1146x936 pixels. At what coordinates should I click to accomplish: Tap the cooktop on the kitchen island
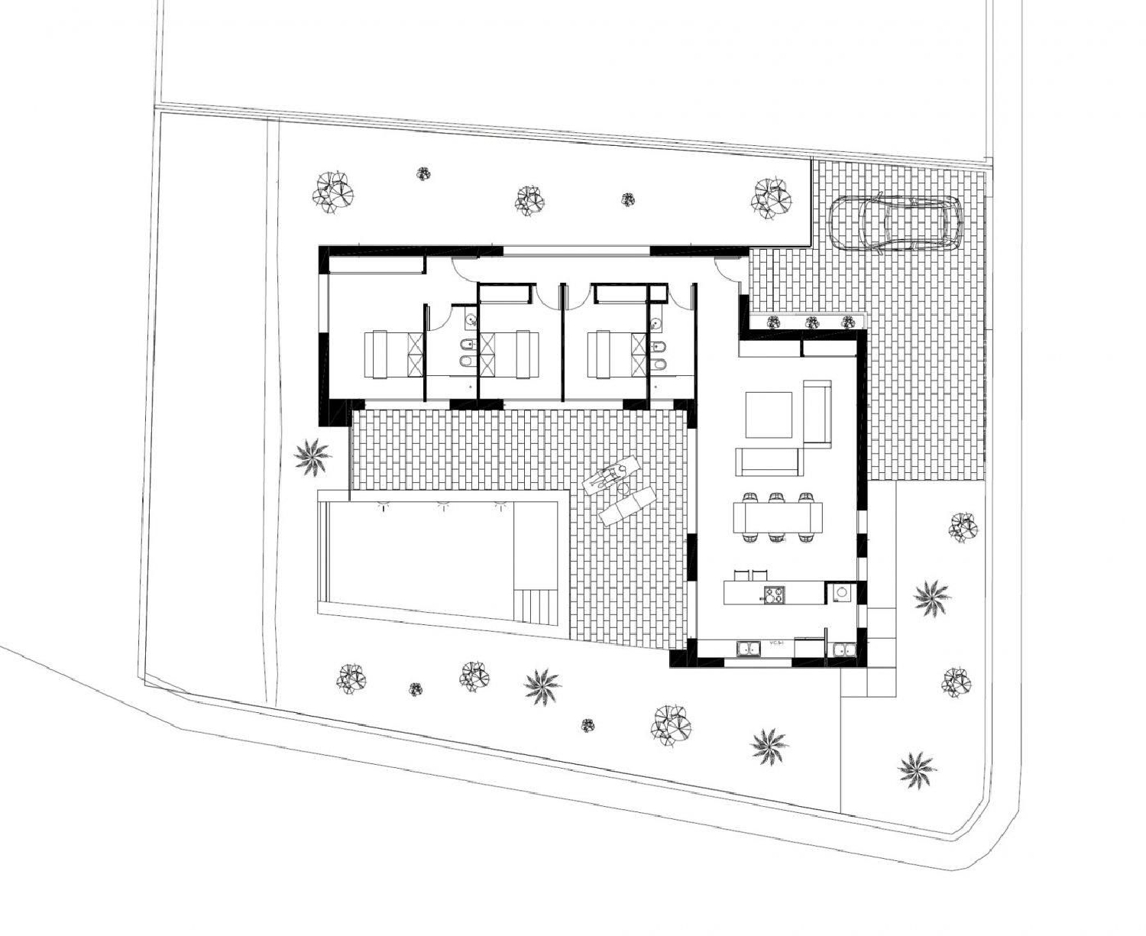tap(773, 594)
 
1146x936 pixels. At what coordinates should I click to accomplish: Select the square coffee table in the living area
tap(769, 414)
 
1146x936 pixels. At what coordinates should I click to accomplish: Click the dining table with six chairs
tap(778, 517)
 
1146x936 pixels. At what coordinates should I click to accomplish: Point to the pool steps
tap(539, 607)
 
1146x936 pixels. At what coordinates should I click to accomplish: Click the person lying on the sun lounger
tap(610, 475)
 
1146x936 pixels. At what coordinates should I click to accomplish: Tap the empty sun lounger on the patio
tap(627, 506)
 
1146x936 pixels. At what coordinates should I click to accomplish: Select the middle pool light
tap(442, 504)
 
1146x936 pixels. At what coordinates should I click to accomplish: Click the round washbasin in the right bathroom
tap(656, 324)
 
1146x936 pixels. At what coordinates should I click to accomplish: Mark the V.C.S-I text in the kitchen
tap(778, 644)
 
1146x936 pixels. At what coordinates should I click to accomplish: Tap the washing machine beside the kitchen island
tap(842, 592)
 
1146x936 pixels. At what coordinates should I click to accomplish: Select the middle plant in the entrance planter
tap(811, 322)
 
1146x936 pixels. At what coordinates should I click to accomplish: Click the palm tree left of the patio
tap(312, 456)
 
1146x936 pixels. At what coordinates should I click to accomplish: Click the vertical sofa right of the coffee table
tap(817, 413)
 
